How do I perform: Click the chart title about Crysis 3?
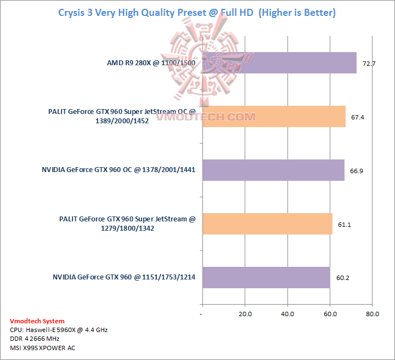[x=197, y=12]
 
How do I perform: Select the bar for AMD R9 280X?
[x=279, y=63]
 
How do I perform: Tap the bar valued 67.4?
[x=274, y=116]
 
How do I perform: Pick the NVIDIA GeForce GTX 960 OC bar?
[x=273, y=170]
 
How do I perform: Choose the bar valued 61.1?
[x=267, y=224]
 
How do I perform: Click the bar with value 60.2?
[x=266, y=277]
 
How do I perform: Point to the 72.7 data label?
[x=369, y=64]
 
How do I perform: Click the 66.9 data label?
[x=357, y=171]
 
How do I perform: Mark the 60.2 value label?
[x=343, y=278]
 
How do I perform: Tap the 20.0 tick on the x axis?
[x=245, y=315]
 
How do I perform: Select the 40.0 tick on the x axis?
[x=287, y=315]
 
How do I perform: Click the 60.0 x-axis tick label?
[x=330, y=315]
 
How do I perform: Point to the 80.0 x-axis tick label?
[x=372, y=315]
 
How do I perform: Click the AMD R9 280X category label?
[x=151, y=63]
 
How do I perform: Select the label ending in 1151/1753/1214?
[x=124, y=277]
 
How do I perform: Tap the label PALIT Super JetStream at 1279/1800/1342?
[x=127, y=224]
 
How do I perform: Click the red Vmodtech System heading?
[x=37, y=321]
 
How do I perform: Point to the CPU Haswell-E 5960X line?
[x=59, y=330]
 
